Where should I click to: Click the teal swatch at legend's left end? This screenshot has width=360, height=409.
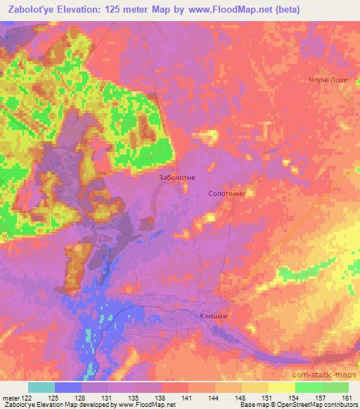click(41, 388)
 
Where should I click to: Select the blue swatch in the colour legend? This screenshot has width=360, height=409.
click(68, 388)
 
